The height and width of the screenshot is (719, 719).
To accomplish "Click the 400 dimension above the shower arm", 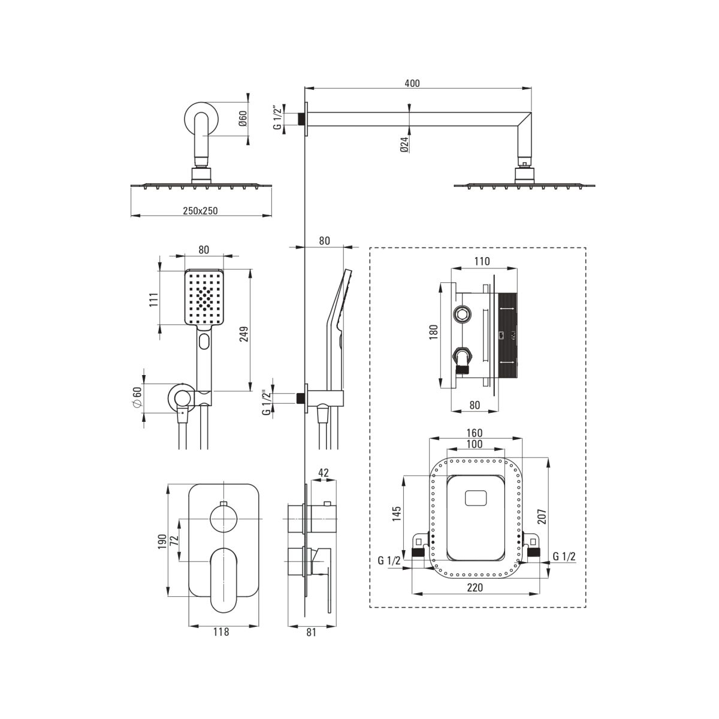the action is (412, 83).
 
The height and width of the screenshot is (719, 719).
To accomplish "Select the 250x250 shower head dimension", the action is (200, 211).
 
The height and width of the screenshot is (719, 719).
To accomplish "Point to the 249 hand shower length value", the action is (244, 334).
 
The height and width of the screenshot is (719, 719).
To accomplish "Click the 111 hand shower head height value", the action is (154, 300).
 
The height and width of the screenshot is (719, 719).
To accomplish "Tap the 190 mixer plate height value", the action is (162, 542).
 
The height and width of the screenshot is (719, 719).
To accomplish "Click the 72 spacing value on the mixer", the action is (174, 540).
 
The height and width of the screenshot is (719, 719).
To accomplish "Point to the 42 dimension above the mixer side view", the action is (324, 473).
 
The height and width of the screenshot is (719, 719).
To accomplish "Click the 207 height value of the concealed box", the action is (542, 516).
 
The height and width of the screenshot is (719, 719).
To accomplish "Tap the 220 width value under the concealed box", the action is (475, 588).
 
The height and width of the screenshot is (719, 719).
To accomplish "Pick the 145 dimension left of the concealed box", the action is (397, 513).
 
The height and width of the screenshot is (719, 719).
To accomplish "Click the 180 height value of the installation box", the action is (433, 332).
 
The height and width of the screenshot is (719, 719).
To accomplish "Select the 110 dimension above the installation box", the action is (482, 262).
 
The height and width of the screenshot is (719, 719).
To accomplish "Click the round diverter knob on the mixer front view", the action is (223, 519).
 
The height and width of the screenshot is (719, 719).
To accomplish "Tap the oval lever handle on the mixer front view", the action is (223, 580).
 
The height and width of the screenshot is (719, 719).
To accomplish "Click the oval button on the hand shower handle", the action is (204, 341).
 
